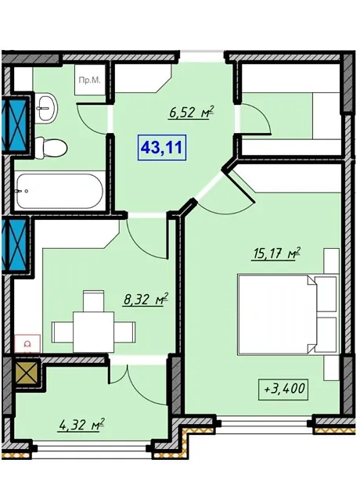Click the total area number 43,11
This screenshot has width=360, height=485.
(161, 148)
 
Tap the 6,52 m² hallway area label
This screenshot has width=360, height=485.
(192, 112)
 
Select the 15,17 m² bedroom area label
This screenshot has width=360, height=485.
(277, 253)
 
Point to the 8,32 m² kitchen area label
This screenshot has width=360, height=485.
(146, 299)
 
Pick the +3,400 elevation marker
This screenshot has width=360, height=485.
(284, 390)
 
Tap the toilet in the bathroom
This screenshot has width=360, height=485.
(51, 148)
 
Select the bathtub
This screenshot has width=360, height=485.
(59, 191)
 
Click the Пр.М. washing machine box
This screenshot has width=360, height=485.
(89, 81)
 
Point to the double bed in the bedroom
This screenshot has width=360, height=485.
(287, 314)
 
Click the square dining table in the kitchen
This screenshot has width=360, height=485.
(93, 332)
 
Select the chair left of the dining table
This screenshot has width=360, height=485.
(63, 332)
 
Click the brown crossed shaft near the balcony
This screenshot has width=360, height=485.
(27, 373)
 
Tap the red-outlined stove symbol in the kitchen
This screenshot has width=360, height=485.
(27, 343)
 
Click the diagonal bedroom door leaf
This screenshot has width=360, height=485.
(240, 185)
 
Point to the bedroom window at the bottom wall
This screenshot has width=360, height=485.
(264, 422)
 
